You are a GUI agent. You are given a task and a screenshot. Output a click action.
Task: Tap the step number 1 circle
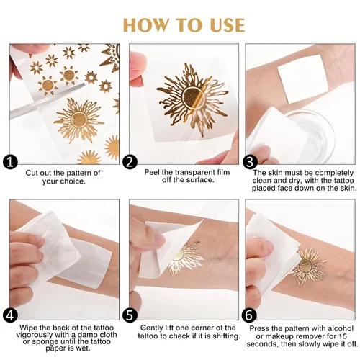[10, 162]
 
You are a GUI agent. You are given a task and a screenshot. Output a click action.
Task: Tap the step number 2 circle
[130, 162]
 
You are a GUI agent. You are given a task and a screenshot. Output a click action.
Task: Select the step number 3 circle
[250, 162]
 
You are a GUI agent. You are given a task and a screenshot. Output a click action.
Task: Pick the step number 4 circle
[10, 315]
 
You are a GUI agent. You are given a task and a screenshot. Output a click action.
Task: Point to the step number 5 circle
[130, 315]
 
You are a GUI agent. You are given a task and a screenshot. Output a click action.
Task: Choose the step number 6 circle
[249, 315]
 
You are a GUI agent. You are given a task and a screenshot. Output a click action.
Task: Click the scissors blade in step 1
[48, 101]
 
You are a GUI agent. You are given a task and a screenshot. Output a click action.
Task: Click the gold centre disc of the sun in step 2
[193, 98]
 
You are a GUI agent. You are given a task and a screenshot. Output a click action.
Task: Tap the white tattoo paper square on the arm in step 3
[304, 79]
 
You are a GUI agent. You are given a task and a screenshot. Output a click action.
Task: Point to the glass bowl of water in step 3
[312, 135]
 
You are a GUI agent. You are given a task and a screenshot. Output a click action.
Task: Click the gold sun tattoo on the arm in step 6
[308, 266]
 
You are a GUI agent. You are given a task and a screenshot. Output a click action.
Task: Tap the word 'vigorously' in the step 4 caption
[33, 335]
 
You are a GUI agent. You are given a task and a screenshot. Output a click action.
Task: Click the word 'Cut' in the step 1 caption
[32, 173]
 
